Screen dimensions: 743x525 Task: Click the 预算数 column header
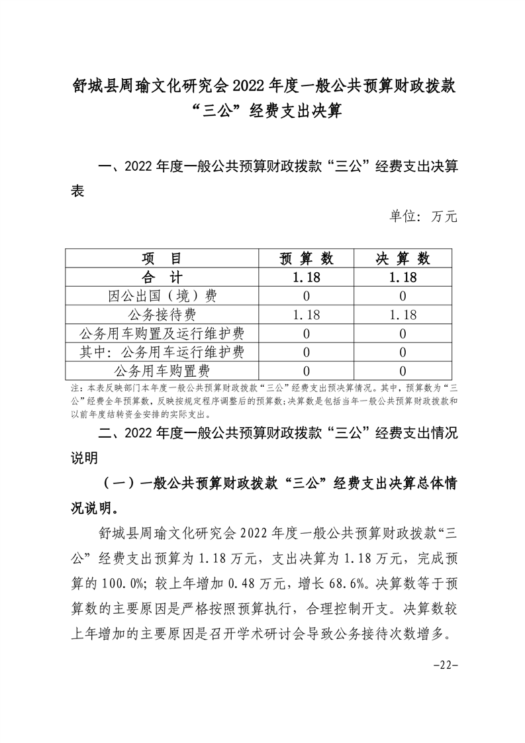pos(307,258)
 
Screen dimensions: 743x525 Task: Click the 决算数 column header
pos(403,258)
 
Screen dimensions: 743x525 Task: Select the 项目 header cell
pos(162,258)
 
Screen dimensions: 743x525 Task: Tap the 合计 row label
pos(162,277)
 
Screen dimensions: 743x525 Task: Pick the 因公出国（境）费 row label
pos(162,296)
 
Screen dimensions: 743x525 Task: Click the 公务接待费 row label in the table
pos(162,315)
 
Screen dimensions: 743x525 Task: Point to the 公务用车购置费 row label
pos(162,370)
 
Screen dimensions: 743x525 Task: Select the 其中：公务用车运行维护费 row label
pos(162,352)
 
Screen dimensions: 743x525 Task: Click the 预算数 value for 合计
pos(307,277)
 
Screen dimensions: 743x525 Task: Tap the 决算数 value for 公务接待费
pos(403,315)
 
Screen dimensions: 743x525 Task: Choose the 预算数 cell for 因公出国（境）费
pos(307,296)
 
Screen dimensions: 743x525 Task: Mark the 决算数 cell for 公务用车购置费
pos(403,371)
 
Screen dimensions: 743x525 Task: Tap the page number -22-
pos(445,666)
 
